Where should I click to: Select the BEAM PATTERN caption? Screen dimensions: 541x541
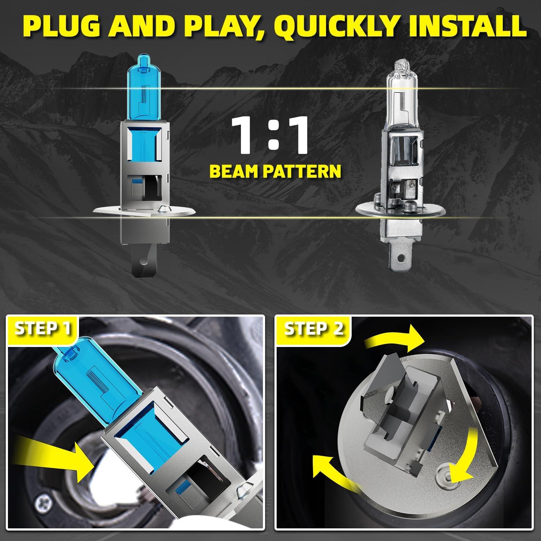coord(275,171)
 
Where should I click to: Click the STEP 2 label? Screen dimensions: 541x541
coord(313,329)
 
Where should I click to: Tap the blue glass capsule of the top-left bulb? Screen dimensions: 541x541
coord(144,90)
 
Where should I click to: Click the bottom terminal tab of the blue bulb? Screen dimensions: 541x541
coord(144,258)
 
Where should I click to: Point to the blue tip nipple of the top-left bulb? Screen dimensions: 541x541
coord(144,60)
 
